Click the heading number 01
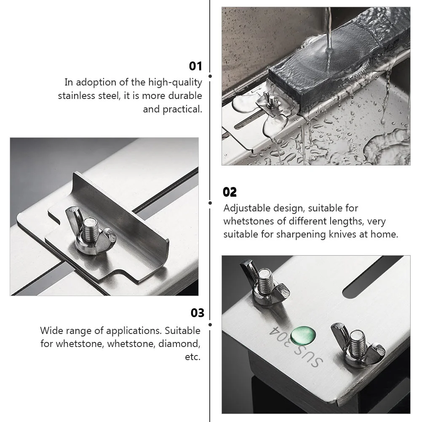click(x=195, y=66)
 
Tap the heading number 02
click(x=230, y=192)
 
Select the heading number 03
click(x=197, y=313)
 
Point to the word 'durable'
click(x=185, y=96)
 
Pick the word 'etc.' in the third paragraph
click(x=193, y=357)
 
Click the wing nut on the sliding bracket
click(x=91, y=231)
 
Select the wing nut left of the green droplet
click(x=264, y=283)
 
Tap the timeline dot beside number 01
click(x=210, y=76)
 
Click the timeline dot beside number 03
click(x=210, y=325)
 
